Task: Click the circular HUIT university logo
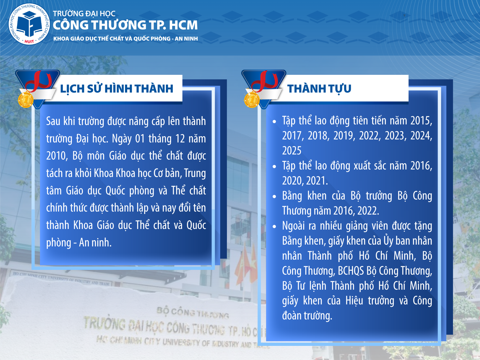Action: (x=29, y=24)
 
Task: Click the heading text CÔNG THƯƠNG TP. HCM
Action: (x=125, y=25)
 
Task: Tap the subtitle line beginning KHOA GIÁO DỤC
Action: (x=126, y=39)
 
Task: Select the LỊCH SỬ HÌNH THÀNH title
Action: (x=117, y=89)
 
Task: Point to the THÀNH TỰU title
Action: (x=319, y=89)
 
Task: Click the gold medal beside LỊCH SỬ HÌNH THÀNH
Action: (x=26, y=100)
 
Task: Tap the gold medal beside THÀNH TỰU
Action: (x=252, y=100)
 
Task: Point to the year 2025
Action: (x=292, y=151)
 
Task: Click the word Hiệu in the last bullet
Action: (x=354, y=301)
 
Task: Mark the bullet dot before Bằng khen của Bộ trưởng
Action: (x=274, y=196)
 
